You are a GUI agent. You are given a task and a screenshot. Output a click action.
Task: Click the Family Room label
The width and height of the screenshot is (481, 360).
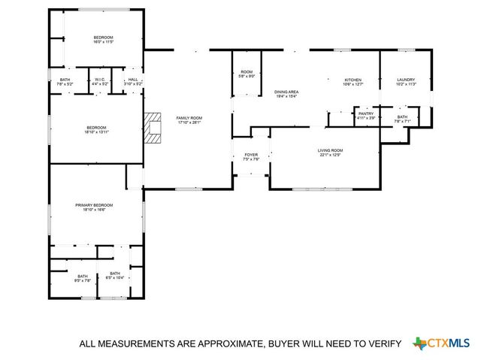(189, 118)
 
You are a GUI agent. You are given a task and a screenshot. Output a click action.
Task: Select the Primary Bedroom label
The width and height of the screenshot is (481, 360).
(94, 205)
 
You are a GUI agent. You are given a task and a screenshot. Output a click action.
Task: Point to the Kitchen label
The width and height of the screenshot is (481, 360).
(353, 80)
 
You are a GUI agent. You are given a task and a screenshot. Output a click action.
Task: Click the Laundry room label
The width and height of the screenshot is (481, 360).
(406, 80)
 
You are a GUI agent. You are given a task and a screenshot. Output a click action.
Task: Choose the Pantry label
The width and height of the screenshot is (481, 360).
(366, 113)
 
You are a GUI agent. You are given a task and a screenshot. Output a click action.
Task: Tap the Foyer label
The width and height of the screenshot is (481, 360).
(251, 155)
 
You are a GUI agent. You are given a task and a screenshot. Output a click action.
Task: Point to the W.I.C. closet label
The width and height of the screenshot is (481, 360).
(100, 80)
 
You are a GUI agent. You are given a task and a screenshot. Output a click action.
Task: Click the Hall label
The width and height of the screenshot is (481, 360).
(132, 80)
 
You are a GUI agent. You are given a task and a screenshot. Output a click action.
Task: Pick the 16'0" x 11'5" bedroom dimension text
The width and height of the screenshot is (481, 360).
(104, 42)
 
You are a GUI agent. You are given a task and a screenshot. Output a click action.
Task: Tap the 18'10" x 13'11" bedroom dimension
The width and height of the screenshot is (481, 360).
(97, 132)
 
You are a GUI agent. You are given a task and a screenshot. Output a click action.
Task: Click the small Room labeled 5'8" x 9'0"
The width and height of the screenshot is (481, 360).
(247, 73)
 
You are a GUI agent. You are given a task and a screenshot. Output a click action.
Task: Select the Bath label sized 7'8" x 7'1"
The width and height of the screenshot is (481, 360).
(402, 117)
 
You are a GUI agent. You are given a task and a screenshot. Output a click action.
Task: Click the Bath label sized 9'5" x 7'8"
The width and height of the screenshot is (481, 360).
(82, 277)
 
